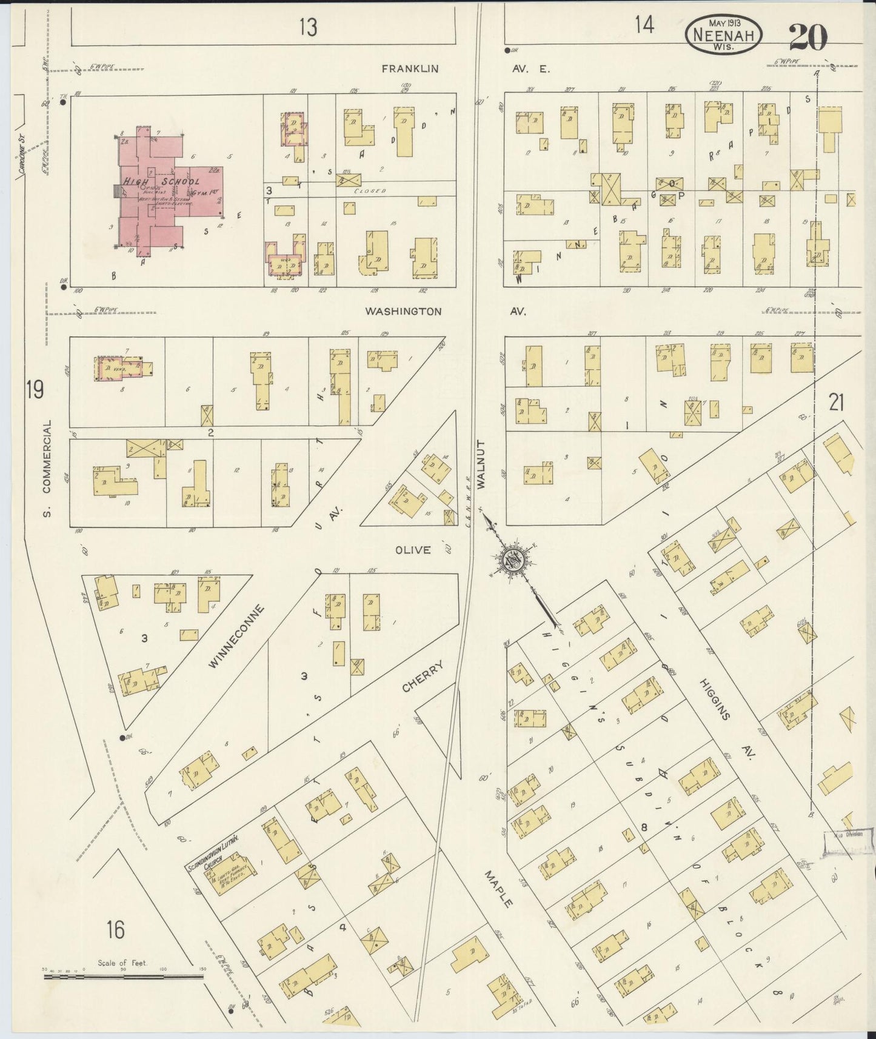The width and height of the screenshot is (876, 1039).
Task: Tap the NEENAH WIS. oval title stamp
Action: click(723, 35)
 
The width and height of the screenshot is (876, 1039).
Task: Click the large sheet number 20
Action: click(808, 38)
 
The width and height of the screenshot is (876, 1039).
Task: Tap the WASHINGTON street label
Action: click(403, 312)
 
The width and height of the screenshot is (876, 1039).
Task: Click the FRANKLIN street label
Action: click(410, 69)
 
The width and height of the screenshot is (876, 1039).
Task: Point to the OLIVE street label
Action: click(413, 550)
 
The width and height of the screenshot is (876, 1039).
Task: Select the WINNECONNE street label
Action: click(236, 637)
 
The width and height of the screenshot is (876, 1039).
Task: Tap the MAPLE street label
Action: click(498, 889)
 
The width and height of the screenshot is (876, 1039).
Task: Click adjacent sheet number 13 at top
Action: click(308, 26)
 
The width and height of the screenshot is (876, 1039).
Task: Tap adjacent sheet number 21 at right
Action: click(836, 402)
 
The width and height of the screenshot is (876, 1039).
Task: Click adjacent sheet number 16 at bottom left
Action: click(116, 929)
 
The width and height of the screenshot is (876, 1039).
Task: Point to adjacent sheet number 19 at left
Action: click(35, 390)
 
